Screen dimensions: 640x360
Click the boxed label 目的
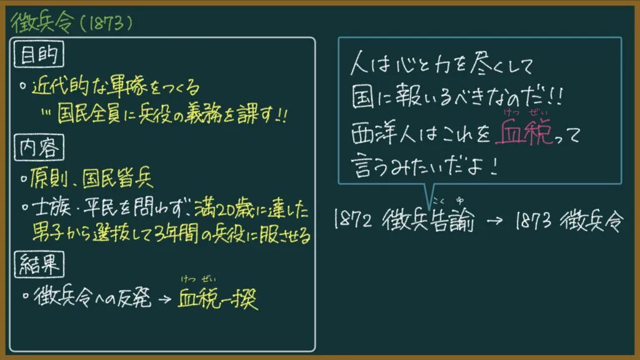tap(39, 54)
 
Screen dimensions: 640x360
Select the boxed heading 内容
tap(39, 147)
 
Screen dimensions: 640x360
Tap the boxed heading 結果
tap(39, 264)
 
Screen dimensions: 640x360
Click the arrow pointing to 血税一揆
tap(164, 299)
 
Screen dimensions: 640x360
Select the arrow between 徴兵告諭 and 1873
tap(495, 221)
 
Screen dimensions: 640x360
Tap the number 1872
tap(352, 219)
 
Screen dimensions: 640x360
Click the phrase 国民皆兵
tap(118, 178)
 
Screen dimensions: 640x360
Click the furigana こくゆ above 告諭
tap(449, 201)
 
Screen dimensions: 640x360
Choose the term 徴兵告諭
tap(429, 221)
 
